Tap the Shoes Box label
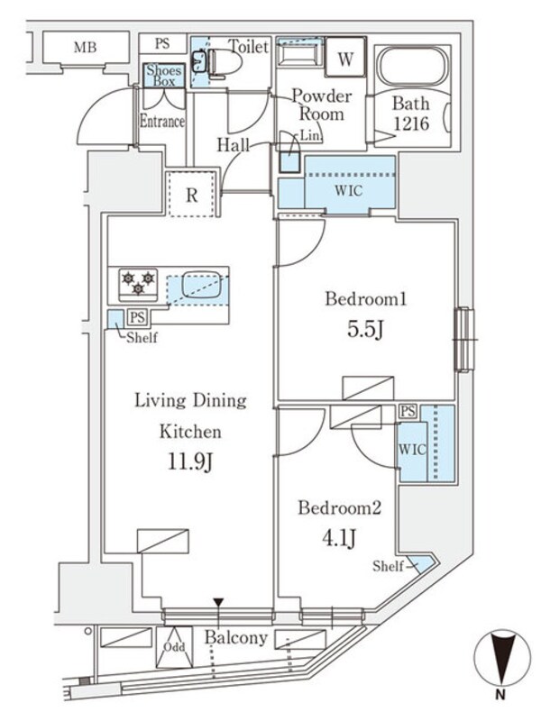(x=164, y=76)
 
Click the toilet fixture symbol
(x=220, y=62)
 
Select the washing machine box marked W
(x=344, y=59)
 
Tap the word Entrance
(x=162, y=122)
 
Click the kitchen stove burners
(x=138, y=283)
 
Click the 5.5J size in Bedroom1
(x=368, y=331)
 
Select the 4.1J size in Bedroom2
(x=340, y=538)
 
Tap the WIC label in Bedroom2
(x=410, y=448)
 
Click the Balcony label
(x=235, y=638)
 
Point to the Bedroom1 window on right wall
(x=463, y=339)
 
